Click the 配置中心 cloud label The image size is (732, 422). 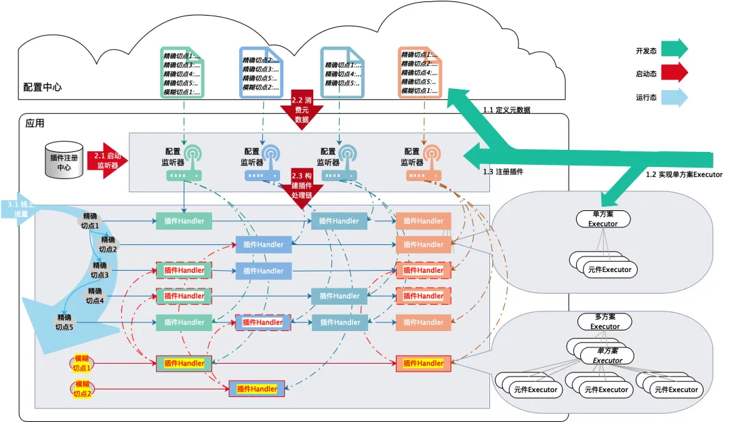43,87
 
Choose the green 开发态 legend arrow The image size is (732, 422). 674,49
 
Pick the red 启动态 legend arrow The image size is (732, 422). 674,72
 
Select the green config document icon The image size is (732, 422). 182,73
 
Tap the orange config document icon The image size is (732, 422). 420,73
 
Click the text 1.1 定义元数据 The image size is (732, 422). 506,110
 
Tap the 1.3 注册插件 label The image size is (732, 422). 503,172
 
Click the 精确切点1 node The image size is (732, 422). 90,221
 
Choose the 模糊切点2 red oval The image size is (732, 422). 81,389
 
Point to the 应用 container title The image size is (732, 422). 35,123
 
